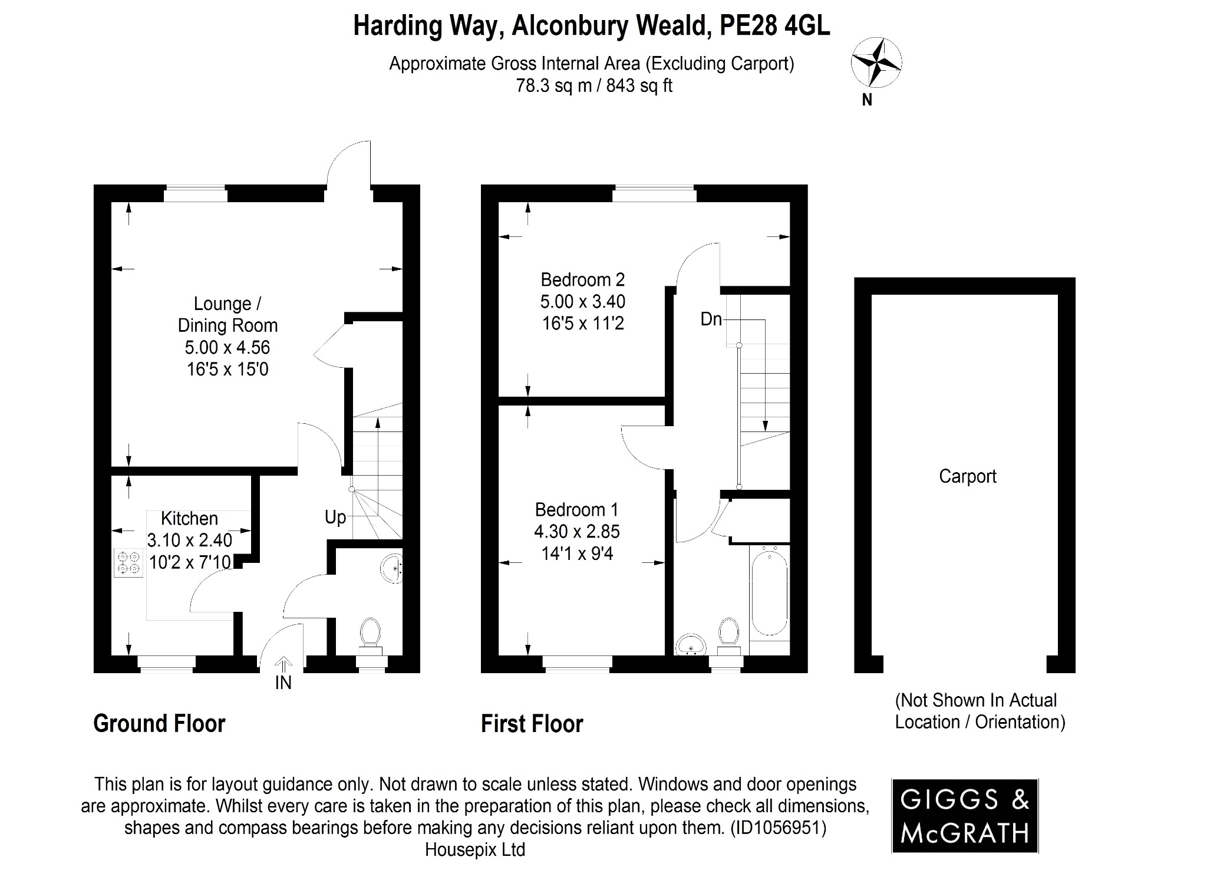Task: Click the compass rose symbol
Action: click(x=876, y=62)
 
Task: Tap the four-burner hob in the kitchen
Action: click(x=128, y=562)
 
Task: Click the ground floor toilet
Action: click(x=370, y=634)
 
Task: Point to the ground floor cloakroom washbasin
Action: click(x=391, y=566)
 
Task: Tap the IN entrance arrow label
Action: click(x=283, y=683)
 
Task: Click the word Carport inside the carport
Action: click(x=967, y=476)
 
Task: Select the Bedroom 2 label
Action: click(x=582, y=279)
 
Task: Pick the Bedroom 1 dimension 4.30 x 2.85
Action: click(x=576, y=532)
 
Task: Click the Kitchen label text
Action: click(x=189, y=519)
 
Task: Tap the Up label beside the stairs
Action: click(x=335, y=518)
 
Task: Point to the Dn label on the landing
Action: click(x=711, y=319)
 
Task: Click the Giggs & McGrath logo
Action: click(x=964, y=816)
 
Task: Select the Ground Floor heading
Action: click(x=159, y=724)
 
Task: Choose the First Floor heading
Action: click(x=532, y=724)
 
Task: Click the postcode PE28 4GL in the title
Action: click(x=774, y=26)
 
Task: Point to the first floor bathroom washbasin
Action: click(x=691, y=644)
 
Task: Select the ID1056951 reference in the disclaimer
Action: click(x=778, y=828)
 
